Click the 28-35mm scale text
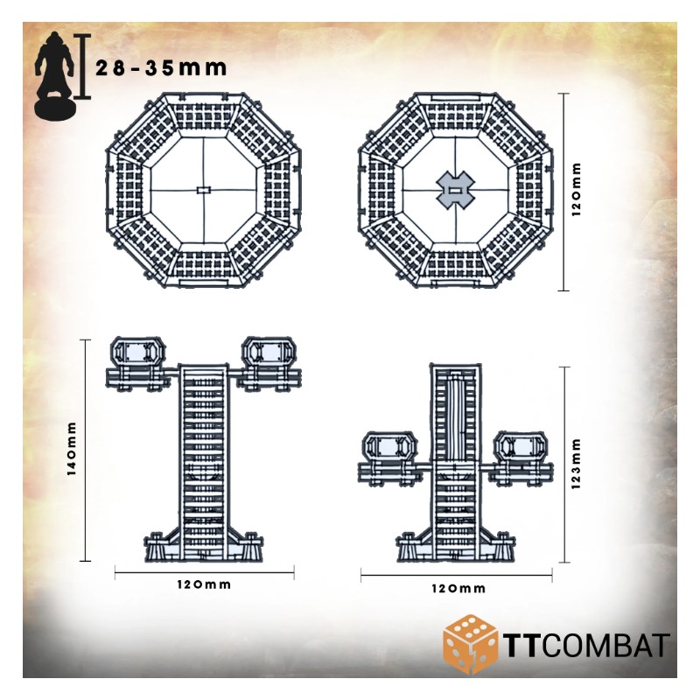161,68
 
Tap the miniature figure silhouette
54,75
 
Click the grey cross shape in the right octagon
455,190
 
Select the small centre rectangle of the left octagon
203,190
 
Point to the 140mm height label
72,449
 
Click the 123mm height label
576,464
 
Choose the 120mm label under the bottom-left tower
204,584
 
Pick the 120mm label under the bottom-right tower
458,588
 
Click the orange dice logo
470,644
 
